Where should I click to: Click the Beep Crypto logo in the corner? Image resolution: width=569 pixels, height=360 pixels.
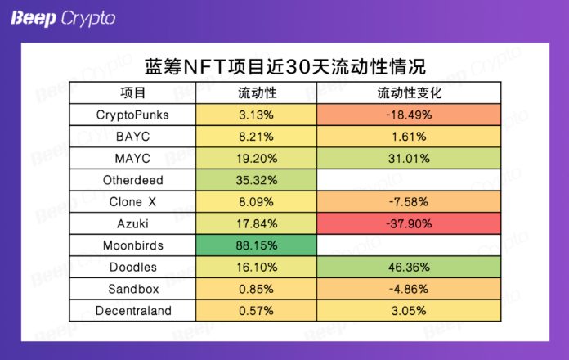click(x=63, y=18)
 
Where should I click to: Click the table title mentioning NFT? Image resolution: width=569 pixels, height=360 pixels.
click(x=285, y=66)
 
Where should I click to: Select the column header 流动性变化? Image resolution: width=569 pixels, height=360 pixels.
click(x=409, y=93)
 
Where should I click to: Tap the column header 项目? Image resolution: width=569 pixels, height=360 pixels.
click(x=132, y=93)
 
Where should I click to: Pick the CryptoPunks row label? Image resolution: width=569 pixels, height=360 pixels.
click(x=132, y=115)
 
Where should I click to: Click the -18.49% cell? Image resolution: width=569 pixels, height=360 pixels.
click(x=409, y=115)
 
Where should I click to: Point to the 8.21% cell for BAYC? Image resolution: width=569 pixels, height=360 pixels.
click(x=256, y=137)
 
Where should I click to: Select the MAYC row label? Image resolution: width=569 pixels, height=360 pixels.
click(x=132, y=159)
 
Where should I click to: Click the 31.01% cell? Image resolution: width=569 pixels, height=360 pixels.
click(x=409, y=159)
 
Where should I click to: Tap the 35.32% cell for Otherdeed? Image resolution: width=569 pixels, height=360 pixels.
click(x=256, y=180)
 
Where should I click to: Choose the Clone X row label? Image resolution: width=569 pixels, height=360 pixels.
click(x=132, y=201)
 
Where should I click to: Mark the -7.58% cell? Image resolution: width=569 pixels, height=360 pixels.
click(x=409, y=201)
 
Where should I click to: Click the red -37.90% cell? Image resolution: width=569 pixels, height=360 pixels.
click(x=409, y=223)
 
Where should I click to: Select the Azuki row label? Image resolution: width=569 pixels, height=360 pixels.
click(x=132, y=224)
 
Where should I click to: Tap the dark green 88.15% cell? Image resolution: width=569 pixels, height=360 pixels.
click(x=256, y=245)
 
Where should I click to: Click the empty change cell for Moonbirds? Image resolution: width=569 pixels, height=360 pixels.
click(x=409, y=245)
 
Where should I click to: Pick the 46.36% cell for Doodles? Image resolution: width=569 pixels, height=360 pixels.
click(x=409, y=267)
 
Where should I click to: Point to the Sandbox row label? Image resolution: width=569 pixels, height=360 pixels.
click(x=133, y=289)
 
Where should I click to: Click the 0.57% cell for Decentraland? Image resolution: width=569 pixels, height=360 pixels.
click(x=256, y=311)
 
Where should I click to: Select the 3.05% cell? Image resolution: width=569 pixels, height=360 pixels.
click(x=409, y=311)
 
